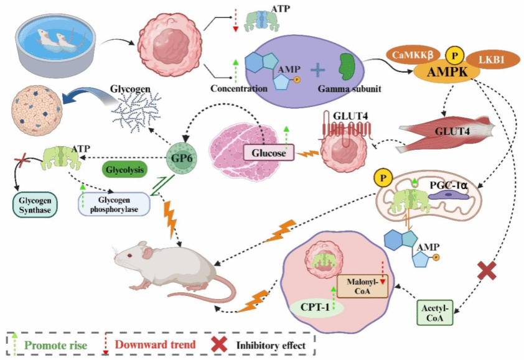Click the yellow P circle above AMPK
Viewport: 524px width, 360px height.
coord(454,56)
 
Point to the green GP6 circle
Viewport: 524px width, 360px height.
coord(182,158)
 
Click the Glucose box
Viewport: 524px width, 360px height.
coord(269,153)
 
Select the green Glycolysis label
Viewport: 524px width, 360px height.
coord(124,170)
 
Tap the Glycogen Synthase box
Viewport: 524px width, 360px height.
coord(35,205)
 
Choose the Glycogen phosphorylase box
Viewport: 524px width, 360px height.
coord(114,205)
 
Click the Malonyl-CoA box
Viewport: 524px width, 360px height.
coord(362,286)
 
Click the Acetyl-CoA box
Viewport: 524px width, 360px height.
coord(435,313)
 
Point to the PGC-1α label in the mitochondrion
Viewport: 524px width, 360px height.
coord(449,185)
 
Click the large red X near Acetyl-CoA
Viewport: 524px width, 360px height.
coord(487,271)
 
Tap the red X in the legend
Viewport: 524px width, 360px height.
coord(219,344)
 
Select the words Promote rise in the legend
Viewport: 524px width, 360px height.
coord(56,345)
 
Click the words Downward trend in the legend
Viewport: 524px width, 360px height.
coord(156,344)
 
